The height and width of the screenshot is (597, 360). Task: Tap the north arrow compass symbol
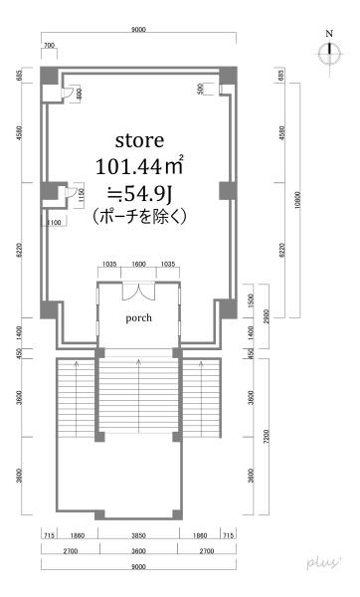(x=328, y=53)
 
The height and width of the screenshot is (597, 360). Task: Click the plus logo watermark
(x=325, y=563)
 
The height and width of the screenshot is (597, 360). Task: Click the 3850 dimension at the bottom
(x=138, y=534)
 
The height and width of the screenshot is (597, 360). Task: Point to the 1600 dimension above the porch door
(x=138, y=266)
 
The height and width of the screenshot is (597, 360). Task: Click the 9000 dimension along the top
(x=138, y=31)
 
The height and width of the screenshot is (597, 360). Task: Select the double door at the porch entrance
(x=138, y=292)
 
